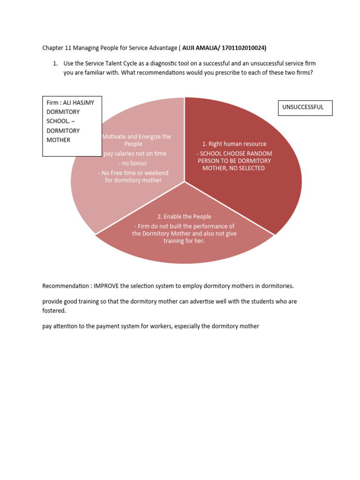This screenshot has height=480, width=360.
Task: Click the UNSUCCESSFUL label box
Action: [x=305, y=107]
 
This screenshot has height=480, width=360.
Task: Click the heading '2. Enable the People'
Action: [x=184, y=217]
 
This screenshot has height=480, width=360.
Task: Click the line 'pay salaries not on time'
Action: [x=135, y=153]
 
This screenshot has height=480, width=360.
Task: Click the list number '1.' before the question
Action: [x=55, y=63]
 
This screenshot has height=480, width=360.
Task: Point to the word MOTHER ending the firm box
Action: [x=58, y=140]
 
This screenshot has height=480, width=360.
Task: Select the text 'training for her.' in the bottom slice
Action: [x=184, y=241]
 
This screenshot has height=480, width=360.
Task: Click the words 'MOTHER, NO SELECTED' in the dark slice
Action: [x=233, y=168]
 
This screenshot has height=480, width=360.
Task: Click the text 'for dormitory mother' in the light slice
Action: [x=133, y=180]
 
